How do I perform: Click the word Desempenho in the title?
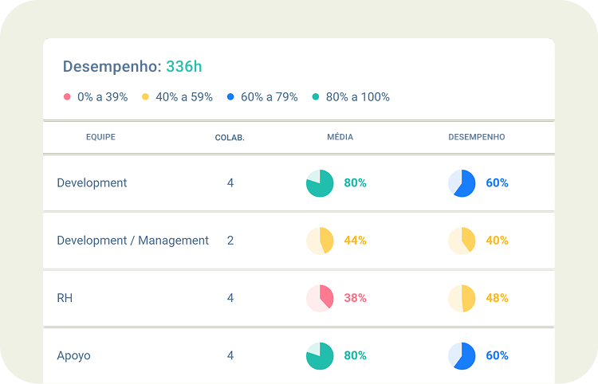click(112, 67)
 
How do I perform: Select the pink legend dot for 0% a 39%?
click(67, 97)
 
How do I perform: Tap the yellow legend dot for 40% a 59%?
click(145, 97)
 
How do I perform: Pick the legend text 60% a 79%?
click(269, 97)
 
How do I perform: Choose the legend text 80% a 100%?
click(357, 97)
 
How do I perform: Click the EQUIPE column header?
click(100, 137)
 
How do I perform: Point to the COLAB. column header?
click(230, 138)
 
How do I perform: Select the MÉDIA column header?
click(340, 137)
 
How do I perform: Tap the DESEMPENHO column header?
click(476, 137)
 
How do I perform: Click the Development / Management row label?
click(132, 241)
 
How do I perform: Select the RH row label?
click(65, 298)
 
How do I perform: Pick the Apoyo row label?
click(73, 355)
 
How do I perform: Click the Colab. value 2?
click(230, 241)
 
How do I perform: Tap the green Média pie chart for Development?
click(320, 183)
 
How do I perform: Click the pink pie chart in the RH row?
click(320, 298)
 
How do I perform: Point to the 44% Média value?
click(355, 241)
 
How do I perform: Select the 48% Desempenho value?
click(497, 298)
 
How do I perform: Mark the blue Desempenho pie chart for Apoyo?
click(462, 355)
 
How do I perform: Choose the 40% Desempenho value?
click(497, 241)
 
